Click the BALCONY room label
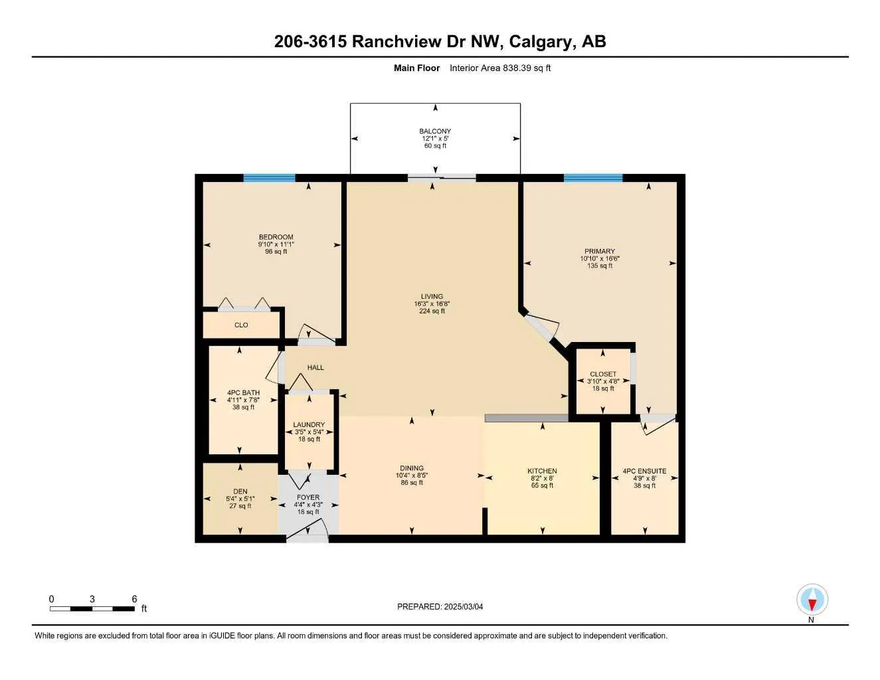point(435,131)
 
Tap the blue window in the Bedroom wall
point(269,178)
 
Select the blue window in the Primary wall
point(593,178)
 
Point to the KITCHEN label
point(542,471)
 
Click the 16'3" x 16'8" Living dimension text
point(432,303)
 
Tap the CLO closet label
point(241,325)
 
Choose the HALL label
point(315,367)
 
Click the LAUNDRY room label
point(309,424)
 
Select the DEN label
point(240,491)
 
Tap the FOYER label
point(308,497)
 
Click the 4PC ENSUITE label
point(644,471)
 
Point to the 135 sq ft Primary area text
point(600,266)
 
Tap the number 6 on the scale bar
point(134,598)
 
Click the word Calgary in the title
point(543,42)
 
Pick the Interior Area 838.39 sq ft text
point(500,68)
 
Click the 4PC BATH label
point(243,392)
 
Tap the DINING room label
point(412,468)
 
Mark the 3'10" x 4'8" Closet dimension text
point(603,381)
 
